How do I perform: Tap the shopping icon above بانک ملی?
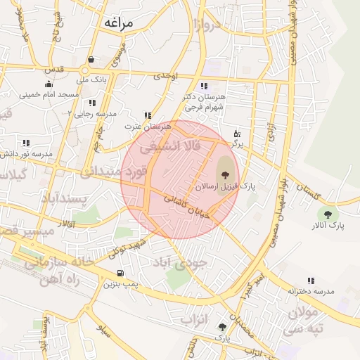tap(92, 60)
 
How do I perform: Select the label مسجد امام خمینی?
tap(49, 94)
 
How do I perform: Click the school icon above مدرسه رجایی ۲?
tap(92, 103)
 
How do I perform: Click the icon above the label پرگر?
tap(237, 132)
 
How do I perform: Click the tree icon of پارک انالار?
tap(326, 214)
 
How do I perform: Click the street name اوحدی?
tap(166, 74)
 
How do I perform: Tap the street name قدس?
tap(54, 69)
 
